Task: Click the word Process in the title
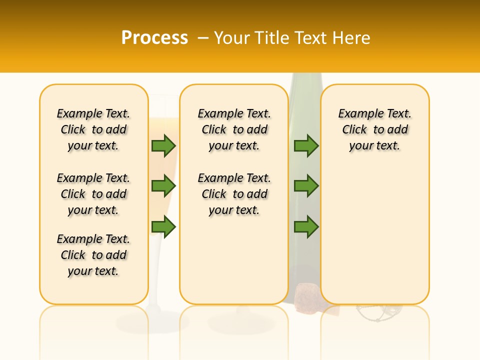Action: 154,37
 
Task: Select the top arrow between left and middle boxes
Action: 163,145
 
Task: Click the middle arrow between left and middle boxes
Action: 163,186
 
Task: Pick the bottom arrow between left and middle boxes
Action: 163,227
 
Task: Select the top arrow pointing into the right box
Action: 306,145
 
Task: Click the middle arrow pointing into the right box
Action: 306,186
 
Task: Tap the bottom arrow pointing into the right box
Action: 306,227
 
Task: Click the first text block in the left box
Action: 93,129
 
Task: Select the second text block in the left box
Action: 93,194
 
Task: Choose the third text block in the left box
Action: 93,255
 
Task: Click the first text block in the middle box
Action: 234,129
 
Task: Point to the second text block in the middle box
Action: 234,194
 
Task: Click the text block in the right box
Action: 374,129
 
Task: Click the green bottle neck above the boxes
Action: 304,78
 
